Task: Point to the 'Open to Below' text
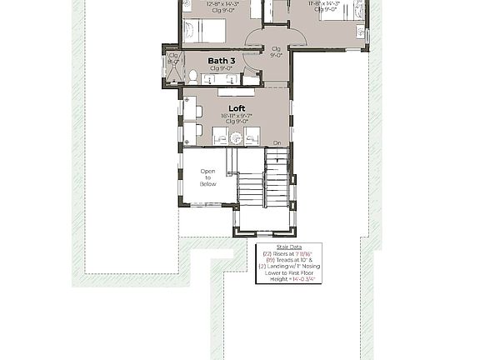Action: pos(207,177)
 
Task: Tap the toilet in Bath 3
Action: pos(192,77)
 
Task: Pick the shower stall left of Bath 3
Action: pos(173,72)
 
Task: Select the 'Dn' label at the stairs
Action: pos(276,143)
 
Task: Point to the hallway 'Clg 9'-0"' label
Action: pos(276,52)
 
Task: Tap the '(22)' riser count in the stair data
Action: pos(267,253)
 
